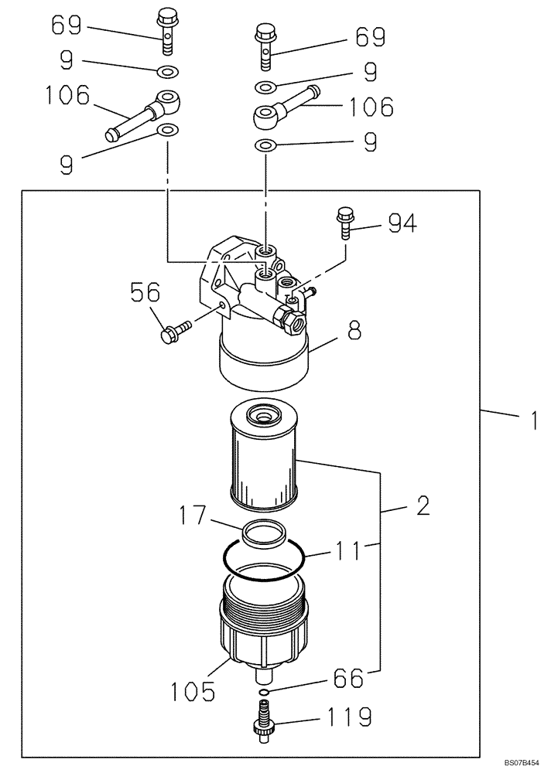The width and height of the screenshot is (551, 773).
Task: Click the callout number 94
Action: click(400, 224)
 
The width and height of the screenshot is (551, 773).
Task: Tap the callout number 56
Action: click(144, 294)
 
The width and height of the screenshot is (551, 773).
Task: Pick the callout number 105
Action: click(193, 690)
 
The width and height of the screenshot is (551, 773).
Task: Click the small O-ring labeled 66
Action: click(264, 691)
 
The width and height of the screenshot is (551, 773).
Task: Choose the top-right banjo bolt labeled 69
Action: click(265, 46)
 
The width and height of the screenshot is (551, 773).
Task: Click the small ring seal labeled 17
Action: click(263, 532)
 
